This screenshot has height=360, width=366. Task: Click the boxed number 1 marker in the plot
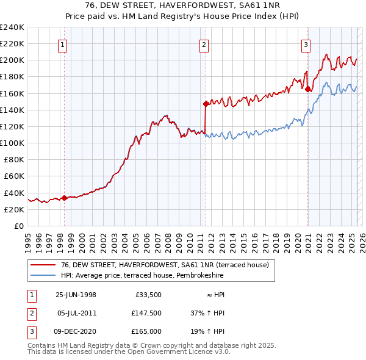(64, 44)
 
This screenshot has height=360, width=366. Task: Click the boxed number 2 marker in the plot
(204, 44)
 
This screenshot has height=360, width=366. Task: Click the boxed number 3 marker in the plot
(306, 44)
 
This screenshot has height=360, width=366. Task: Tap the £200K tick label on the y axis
(12, 60)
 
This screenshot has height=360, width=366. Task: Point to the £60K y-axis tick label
(14, 176)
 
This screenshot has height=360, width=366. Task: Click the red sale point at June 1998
(65, 198)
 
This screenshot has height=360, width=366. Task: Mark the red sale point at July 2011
(205, 104)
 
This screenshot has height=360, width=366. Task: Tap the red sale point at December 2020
(307, 89)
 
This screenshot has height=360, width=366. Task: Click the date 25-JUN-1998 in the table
(76, 295)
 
